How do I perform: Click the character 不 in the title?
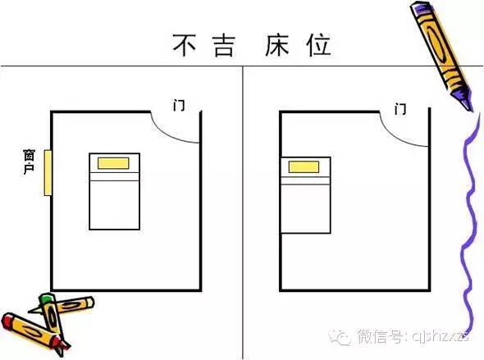[184, 45]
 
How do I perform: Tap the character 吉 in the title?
[225, 46]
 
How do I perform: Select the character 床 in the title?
[277, 45]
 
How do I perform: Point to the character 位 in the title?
[319, 45]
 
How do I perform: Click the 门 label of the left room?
[179, 105]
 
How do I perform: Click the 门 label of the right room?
[400, 109]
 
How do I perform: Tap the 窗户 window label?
[29, 162]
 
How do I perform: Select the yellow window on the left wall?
[48, 173]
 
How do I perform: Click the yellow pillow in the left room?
[113, 163]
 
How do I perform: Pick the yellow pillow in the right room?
[304, 167]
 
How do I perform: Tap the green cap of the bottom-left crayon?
[46, 298]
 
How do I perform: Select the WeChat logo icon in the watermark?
[340, 337]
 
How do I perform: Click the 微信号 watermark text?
[380, 336]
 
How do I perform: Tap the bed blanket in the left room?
[115, 205]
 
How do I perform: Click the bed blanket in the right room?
[306, 208]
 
